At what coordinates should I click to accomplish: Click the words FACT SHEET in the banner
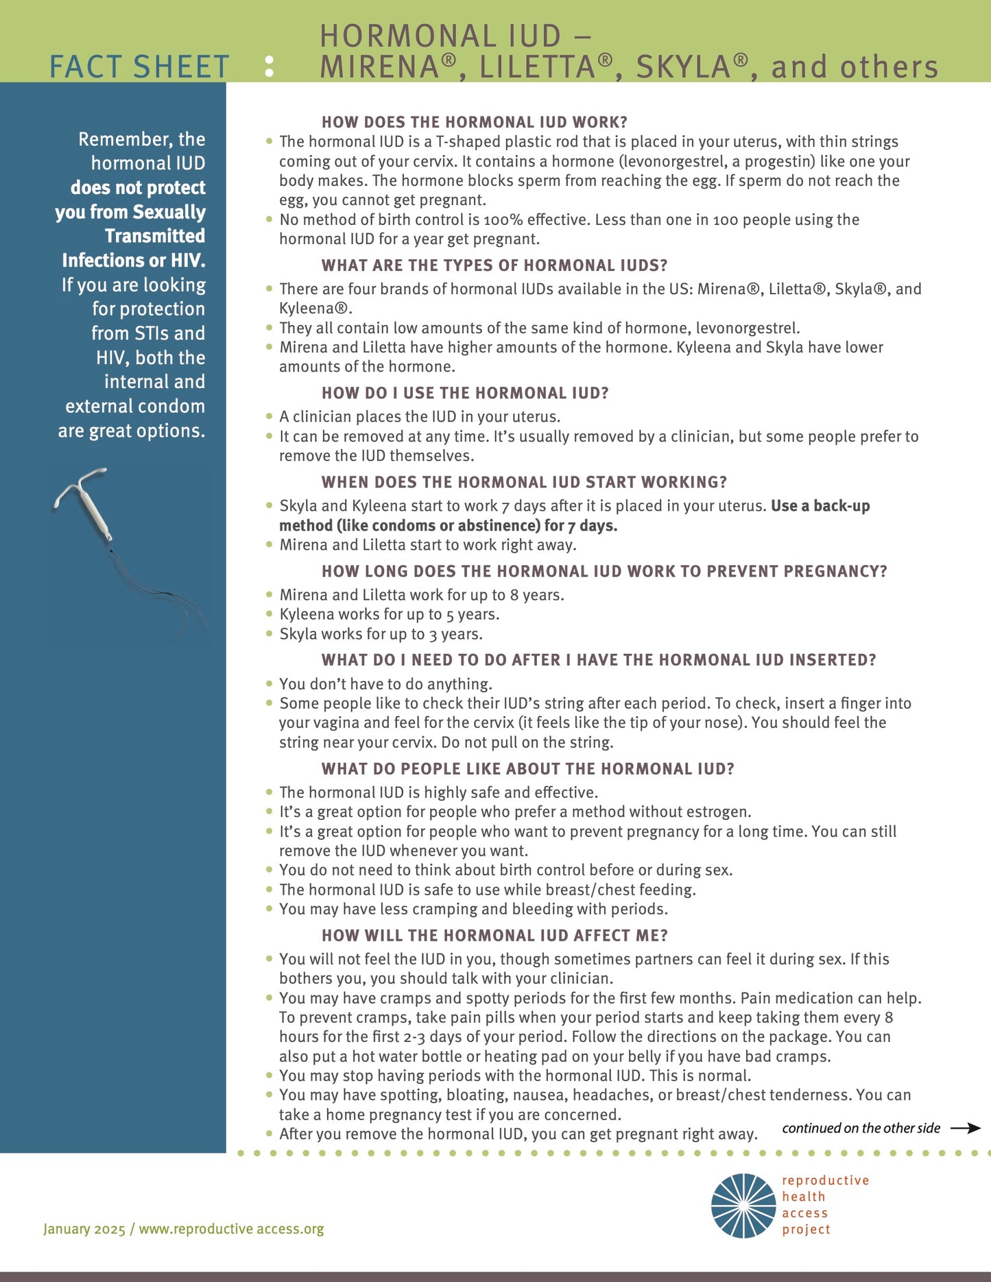(x=139, y=67)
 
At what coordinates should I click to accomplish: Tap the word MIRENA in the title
(x=379, y=67)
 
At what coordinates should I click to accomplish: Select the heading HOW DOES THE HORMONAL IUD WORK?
(x=475, y=122)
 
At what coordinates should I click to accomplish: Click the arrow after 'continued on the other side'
(x=966, y=1128)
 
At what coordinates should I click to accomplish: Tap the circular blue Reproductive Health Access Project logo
(x=743, y=1206)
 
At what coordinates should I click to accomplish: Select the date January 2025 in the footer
(x=84, y=1229)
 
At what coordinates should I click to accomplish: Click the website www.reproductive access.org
(x=232, y=1229)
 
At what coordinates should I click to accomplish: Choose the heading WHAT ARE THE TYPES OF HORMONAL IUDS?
(x=494, y=265)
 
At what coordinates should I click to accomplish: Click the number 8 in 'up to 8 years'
(x=514, y=595)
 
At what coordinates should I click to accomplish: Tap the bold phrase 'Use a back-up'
(x=820, y=506)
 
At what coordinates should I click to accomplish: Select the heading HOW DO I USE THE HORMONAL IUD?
(x=465, y=393)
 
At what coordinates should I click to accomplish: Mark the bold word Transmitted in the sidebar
(x=155, y=236)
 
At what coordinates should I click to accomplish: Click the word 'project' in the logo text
(x=806, y=1229)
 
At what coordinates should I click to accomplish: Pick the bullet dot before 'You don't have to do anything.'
(x=270, y=684)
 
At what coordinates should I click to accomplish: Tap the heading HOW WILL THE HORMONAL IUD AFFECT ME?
(x=494, y=935)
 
